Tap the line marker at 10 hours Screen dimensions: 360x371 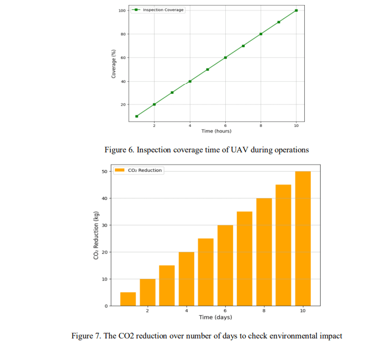pos(296,10)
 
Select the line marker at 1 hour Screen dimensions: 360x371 pos(136,116)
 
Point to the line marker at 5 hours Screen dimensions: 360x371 pos(208,69)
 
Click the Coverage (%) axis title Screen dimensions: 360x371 pos(114,63)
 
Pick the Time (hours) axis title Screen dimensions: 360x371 pos(216,131)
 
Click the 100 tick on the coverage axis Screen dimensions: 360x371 pos(121,10)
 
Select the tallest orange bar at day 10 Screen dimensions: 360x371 pos(303,239)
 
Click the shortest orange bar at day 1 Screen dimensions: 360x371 pos(128,299)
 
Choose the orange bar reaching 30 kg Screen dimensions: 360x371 pos(225,265)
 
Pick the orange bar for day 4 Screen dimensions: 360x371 pos(186,279)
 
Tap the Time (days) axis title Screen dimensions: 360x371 pos(216,317)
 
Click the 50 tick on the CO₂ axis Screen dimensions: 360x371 pos(104,171)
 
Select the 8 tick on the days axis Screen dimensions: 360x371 pos(264,311)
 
